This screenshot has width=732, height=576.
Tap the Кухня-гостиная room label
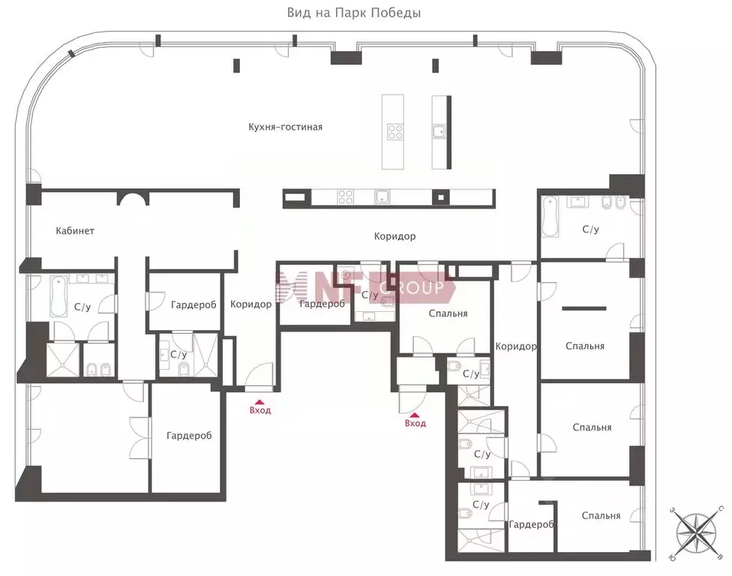(x=286, y=127)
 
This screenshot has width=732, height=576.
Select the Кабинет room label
(x=75, y=230)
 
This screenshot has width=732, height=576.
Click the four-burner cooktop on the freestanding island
(x=394, y=132)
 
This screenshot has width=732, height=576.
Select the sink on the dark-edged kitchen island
(x=438, y=133)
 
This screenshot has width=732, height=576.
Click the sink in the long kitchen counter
(x=382, y=197)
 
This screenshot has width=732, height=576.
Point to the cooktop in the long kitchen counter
(x=346, y=197)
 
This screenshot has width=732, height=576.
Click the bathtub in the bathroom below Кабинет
(x=58, y=295)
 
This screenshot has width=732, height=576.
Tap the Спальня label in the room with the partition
(x=585, y=346)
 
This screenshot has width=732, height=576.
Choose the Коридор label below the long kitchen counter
(x=394, y=236)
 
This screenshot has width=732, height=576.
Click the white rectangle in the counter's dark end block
(x=295, y=198)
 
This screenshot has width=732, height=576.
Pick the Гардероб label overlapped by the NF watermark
(x=322, y=304)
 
